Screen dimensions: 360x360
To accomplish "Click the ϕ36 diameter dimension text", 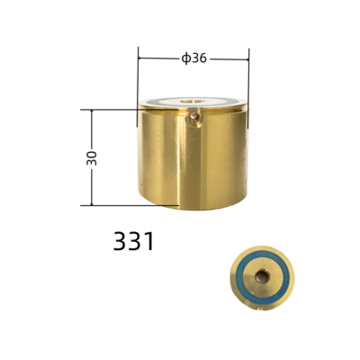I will [x=194, y=58].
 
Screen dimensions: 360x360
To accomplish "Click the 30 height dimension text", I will [x=92, y=157].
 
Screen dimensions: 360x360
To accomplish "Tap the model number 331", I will [x=134, y=241].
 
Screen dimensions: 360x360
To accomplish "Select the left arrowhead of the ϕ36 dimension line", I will [x=142, y=58].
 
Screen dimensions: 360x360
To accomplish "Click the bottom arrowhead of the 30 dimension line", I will [x=92, y=202].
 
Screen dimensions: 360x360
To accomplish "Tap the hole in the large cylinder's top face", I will [x=192, y=100].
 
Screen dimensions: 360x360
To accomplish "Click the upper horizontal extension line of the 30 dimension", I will [x=112, y=110].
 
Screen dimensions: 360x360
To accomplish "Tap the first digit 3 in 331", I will [x=121, y=241].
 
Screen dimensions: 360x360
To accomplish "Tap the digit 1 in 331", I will [x=149, y=241].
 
